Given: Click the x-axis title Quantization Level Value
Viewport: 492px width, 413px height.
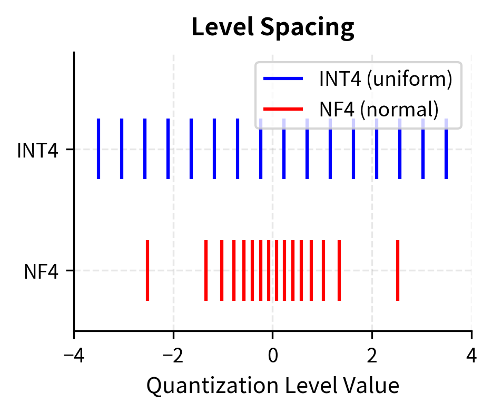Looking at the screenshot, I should click(272, 386).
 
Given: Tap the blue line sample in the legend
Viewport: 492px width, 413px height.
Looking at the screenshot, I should click(283, 79).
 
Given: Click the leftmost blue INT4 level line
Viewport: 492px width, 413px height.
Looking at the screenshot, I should click(99, 149).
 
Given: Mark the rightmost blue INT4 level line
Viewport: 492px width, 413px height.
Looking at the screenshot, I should click(446, 149).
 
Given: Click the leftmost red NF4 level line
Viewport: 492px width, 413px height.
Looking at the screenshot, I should click(147, 270).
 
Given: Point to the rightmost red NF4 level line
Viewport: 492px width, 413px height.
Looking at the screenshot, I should click(398, 270).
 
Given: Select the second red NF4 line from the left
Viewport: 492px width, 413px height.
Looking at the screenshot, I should click(206, 270).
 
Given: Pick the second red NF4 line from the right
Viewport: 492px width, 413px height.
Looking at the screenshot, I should click(339, 270).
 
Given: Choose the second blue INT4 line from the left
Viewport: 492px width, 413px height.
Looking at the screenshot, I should click(122, 149).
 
